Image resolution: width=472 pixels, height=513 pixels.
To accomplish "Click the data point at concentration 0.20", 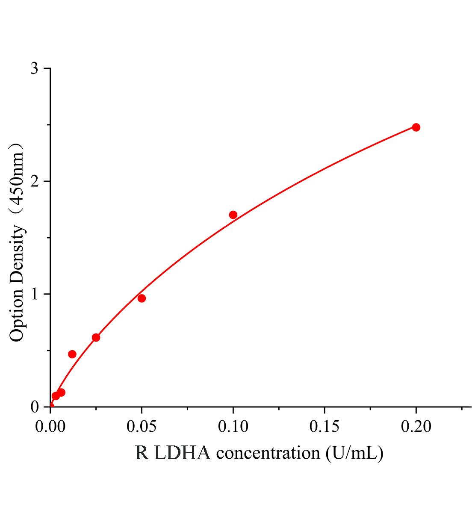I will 416,127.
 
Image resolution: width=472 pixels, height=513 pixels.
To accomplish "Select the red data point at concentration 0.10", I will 233,215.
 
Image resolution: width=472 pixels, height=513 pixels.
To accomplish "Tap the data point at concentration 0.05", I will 142,298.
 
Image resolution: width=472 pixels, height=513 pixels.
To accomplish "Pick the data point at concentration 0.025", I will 96,338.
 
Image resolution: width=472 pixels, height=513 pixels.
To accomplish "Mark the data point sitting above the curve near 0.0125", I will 72,354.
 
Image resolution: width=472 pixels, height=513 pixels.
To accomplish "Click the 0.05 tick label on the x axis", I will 142,427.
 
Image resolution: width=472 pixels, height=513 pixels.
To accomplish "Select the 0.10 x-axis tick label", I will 233,427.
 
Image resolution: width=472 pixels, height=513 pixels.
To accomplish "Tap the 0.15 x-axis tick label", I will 324,427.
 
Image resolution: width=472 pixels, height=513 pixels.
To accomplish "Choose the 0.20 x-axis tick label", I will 416,427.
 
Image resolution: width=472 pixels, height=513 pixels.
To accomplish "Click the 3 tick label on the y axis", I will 35,69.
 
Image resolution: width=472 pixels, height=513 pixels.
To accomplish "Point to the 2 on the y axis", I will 35,182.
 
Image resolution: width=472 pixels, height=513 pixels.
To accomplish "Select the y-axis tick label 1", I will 35,295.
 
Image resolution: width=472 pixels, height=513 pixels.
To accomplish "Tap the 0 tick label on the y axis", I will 35,407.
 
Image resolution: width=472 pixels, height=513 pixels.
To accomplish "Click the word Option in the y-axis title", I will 17,314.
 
